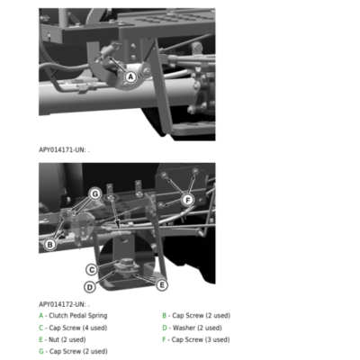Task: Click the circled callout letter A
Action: point(130,77)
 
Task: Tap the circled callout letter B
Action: point(50,245)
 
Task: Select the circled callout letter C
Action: point(92,270)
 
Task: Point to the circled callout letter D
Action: point(90,287)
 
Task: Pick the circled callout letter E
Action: point(162,284)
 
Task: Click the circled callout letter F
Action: point(188,200)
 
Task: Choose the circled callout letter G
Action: point(95,194)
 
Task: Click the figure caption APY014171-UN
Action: point(64,149)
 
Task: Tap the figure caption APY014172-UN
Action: point(64,304)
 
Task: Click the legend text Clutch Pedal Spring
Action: point(78,316)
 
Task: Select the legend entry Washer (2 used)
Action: point(197,328)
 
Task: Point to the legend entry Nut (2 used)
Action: point(67,339)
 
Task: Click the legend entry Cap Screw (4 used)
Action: point(78,328)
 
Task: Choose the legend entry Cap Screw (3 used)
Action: point(201,339)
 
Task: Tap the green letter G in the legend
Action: point(41,351)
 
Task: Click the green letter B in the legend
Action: point(165,316)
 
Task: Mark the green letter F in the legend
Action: point(164,339)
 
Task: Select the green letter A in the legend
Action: point(41,316)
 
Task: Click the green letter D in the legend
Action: point(165,328)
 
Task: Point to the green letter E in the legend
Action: point(40,339)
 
